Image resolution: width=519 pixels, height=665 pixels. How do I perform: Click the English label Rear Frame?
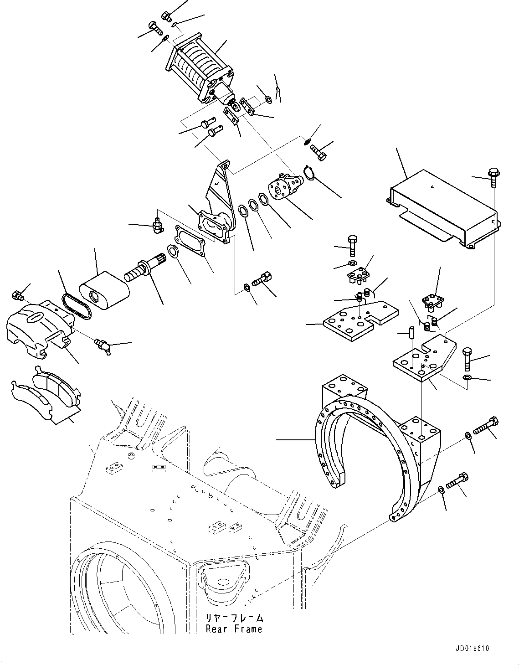coord(234,629)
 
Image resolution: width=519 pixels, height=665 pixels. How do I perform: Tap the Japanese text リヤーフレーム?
coord(234,618)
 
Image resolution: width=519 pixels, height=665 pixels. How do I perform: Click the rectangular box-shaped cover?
coord(442,207)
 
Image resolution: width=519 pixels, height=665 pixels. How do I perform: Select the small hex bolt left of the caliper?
coord(18,296)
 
